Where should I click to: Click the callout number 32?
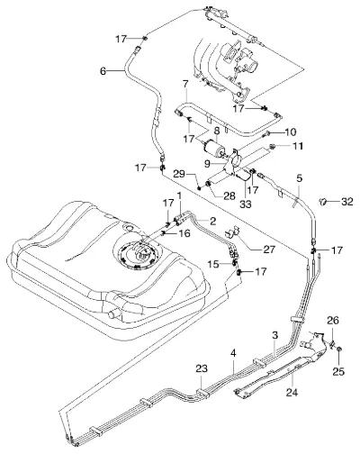point(346,202)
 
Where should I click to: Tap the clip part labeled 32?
point(323,201)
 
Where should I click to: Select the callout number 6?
point(103,71)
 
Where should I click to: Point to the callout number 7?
point(185,85)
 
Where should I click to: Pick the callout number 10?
point(289,132)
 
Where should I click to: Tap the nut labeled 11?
point(273,146)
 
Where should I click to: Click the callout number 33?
point(245,204)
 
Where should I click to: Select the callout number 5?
point(299,178)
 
